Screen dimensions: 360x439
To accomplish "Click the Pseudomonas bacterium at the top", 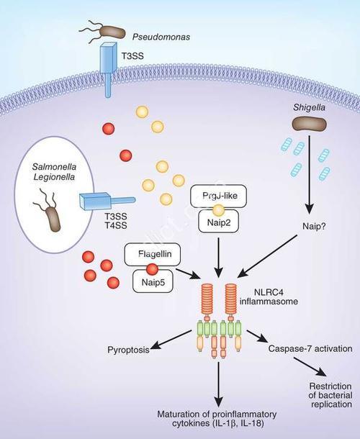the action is tap(112, 32).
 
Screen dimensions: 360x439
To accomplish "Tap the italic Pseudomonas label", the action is tap(161, 37).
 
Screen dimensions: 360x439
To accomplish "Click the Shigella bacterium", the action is tap(310, 125).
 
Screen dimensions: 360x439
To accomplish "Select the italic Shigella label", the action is tap(309, 107).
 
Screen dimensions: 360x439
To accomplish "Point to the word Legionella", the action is tap(54, 177).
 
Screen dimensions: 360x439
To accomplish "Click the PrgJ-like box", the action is tap(219, 196).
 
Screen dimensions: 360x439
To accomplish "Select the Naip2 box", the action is tap(219, 222).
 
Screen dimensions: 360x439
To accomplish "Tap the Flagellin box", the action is tap(153, 254).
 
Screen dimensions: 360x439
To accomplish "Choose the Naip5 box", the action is tap(153, 281).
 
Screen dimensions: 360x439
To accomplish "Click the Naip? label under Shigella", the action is tap(314, 226).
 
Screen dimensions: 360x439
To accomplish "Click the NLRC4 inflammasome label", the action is tap(269, 297).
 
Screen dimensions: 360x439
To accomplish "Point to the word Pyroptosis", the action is tap(128, 350).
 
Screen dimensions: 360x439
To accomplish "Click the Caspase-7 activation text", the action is tap(310, 348).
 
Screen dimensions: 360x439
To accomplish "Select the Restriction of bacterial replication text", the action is tap(330, 395).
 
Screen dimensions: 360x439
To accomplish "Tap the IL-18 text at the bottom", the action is tap(252, 423).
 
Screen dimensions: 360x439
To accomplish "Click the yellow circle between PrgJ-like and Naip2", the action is tap(219, 209).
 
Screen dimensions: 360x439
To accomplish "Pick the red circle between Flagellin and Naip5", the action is tap(153, 269).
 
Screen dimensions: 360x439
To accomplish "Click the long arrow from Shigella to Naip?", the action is tap(310, 174).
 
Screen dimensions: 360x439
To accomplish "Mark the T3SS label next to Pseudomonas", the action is tap(132, 56).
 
